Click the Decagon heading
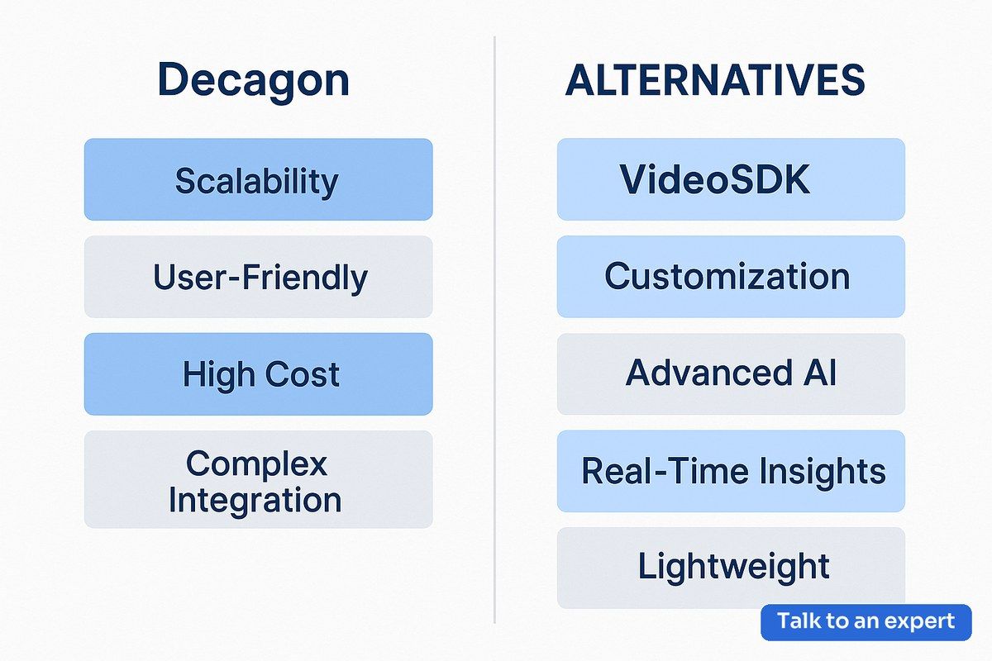coord(253,81)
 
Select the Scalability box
coord(258,179)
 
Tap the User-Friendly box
coord(258,277)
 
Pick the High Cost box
coord(258,374)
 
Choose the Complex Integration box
coord(258,479)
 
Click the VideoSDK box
coord(731,179)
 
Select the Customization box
coord(731,277)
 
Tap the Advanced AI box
coord(731,374)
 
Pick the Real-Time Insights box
coord(731,471)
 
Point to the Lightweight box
coord(731,568)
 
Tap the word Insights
coord(823,472)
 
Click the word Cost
coord(302,374)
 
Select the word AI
coord(821,373)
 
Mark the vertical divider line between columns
coord(494,330)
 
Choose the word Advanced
coord(708,373)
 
